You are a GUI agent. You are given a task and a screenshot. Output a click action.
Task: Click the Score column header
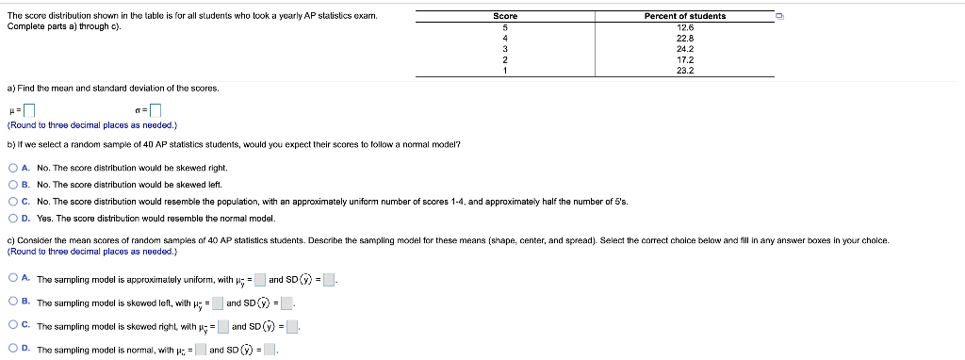coord(505,16)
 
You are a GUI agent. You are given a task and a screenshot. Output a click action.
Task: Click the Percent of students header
coord(685,16)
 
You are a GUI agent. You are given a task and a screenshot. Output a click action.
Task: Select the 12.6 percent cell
coord(685,27)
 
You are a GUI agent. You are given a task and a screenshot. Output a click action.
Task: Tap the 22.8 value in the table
coord(685,38)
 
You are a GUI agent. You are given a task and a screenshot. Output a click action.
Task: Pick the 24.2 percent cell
coord(685,49)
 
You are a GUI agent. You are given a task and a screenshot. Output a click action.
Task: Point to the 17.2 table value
coord(685,59)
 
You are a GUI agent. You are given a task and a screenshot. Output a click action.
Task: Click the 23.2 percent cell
coord(685,70)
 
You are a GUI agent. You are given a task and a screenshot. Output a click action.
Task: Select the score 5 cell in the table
coord(505,27)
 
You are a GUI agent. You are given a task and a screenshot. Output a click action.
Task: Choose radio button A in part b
coord(13,167)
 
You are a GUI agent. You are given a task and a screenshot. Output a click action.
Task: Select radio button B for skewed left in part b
coord(13,184)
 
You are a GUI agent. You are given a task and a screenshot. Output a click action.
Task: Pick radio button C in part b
coord(13,201)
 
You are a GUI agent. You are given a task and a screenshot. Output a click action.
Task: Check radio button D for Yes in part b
coord(13,218)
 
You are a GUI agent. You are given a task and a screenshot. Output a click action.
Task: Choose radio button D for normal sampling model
coord(13,349)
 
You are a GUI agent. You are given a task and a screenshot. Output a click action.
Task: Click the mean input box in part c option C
coord(223,327)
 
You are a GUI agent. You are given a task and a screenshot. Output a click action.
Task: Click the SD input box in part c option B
coord(287,303)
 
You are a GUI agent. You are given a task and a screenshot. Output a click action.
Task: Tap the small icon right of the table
coord(779,16)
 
